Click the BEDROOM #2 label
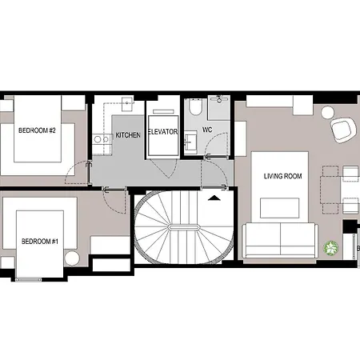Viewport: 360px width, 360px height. point(37,130)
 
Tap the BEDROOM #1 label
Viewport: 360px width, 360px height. point(40,242)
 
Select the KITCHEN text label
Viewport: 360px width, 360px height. point(128,135)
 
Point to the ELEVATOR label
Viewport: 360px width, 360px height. point(163,132)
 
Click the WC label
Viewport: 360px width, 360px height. point(207,130)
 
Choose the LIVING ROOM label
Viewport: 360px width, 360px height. point(283,176)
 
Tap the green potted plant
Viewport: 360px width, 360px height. point(331,248)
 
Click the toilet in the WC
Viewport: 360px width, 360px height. point(196,106)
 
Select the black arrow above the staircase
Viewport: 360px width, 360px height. point(214,198)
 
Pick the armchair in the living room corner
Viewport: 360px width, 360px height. point(343,130)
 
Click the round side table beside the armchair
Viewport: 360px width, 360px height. point(328,113)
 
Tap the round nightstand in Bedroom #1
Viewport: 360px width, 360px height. point(72,258)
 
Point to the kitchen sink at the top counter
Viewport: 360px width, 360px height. point(128,104)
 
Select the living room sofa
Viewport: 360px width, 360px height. point(280,241)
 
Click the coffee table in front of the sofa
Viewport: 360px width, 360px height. point(279,208)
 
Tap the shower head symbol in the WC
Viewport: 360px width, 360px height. point(219,99)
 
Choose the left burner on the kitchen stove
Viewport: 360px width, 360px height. point(98,139)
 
